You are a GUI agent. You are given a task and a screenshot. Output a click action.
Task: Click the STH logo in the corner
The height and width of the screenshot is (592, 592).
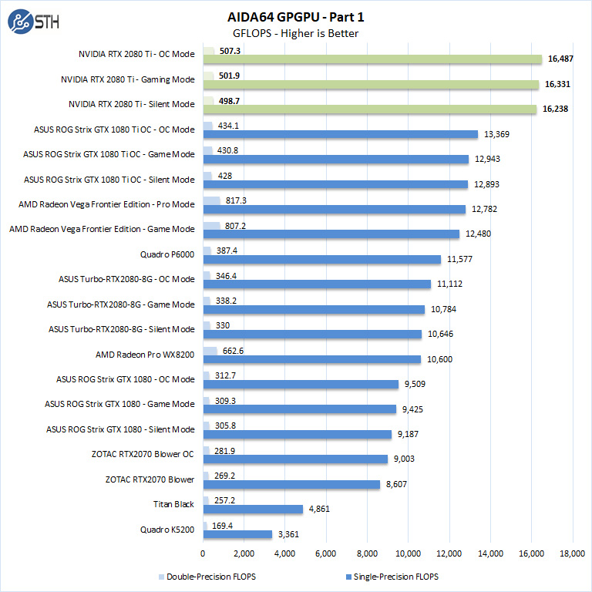coord(33,22)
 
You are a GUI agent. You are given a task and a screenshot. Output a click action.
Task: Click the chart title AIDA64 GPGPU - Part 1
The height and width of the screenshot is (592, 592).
coord(295,15)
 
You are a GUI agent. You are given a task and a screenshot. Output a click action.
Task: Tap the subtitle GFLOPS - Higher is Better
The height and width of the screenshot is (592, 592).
coord(295,33)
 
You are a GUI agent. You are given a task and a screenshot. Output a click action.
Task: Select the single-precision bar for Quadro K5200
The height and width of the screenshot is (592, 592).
coord(237,534)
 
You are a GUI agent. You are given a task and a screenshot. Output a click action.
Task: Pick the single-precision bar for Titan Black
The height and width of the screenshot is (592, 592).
coord(253,510)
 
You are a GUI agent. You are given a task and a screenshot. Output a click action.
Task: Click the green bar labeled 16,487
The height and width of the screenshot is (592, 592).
coord(372,59)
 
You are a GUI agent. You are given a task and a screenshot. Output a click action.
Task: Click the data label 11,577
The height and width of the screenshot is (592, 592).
coord(461,260)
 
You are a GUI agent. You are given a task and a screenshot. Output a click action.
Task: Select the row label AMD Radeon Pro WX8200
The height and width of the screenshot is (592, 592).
coord(145,354)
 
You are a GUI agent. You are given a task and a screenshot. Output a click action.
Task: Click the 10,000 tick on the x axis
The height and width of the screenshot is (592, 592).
coord(408,553)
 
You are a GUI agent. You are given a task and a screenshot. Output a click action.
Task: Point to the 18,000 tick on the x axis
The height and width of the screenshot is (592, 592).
coord(571,553)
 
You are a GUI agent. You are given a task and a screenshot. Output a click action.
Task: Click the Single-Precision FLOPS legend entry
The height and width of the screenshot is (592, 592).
coord(394,576)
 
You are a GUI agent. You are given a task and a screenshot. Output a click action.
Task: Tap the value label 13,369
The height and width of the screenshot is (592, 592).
coord(497,135)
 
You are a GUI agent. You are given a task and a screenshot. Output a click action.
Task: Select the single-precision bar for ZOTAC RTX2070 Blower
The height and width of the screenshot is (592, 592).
coord(291,484)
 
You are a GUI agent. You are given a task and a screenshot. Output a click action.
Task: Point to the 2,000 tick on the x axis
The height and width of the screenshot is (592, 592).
coord(244,553)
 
